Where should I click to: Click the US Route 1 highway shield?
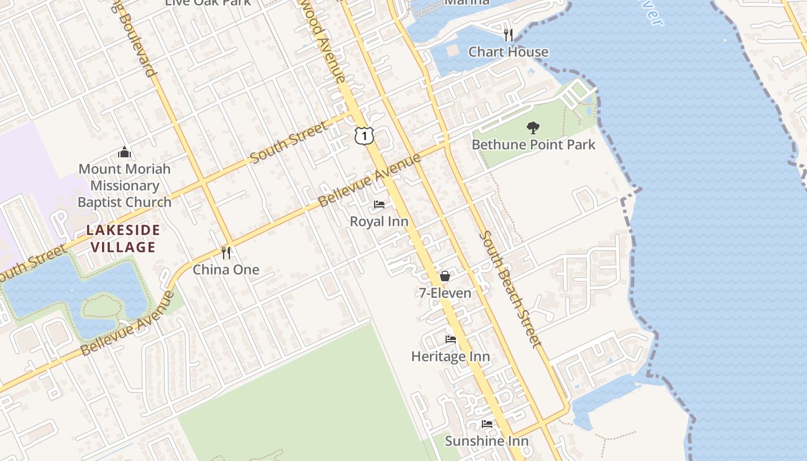point(364,135)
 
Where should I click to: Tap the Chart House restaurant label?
point(508,52)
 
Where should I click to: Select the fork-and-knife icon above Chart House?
point(508,35)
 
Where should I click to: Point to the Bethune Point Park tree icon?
point(533,127)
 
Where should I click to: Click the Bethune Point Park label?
point(533,144)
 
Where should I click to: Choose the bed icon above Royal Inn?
point(379,205)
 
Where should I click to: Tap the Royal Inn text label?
point(379,221)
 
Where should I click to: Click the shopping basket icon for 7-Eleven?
point(444,276)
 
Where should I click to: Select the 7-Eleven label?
point(444,293)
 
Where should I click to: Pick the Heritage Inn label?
point(450,357)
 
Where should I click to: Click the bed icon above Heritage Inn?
point(450,339)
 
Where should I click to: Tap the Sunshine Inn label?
point(487,441)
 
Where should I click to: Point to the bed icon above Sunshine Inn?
point(487,424)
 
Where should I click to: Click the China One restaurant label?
point(226,270)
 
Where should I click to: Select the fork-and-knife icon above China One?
point(226,252)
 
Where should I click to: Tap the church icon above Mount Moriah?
point(125,152)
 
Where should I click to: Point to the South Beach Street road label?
point(511,289)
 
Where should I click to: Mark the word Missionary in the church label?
point(125,186)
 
